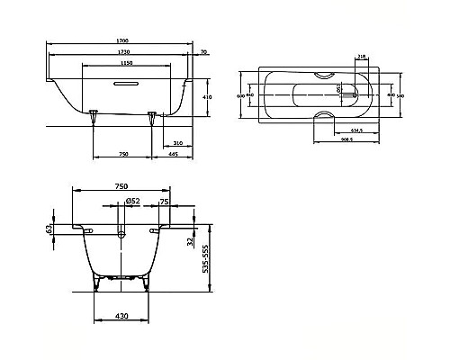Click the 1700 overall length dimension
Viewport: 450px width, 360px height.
click(x=120, y=41)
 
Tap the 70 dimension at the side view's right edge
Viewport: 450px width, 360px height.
click(x=204, y=53)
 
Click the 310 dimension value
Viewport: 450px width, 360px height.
click(x=177, y=143)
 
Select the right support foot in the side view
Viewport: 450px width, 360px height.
click(x=155, y=114)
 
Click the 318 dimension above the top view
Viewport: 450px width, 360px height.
click(x=361, y=56)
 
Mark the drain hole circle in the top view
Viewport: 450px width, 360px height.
click(x=339, y=90)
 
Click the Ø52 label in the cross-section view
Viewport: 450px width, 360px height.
click(x=130, y=201)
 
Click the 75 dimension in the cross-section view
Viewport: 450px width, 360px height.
click(x=163, y=202)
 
